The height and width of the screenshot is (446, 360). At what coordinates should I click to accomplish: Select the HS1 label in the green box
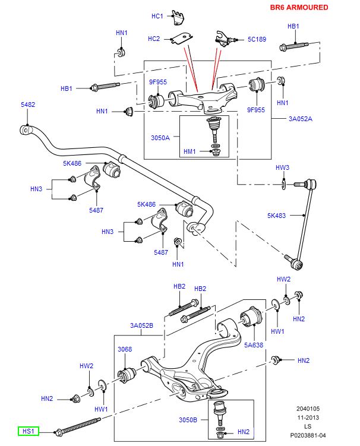point(28,431)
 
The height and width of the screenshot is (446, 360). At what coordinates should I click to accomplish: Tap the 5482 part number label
point(28,105)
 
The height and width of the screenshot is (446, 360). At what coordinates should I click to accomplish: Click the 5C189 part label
point(256,39)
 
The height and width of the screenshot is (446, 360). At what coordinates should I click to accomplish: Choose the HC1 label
point(157,16)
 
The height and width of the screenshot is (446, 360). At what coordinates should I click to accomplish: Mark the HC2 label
point(154,39)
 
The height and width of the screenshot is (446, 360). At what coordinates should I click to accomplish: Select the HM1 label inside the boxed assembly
point(190,151)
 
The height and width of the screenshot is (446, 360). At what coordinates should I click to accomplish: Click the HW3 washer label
point(283,167)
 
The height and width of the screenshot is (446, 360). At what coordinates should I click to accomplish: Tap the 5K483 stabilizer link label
point(277,216)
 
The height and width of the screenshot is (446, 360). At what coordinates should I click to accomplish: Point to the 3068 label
point(124,349)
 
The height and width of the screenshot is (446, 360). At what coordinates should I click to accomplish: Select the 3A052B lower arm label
point(142,325)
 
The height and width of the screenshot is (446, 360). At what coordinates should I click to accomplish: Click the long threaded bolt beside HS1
point(80,427)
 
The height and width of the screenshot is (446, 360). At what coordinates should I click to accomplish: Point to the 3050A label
point(160,138)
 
